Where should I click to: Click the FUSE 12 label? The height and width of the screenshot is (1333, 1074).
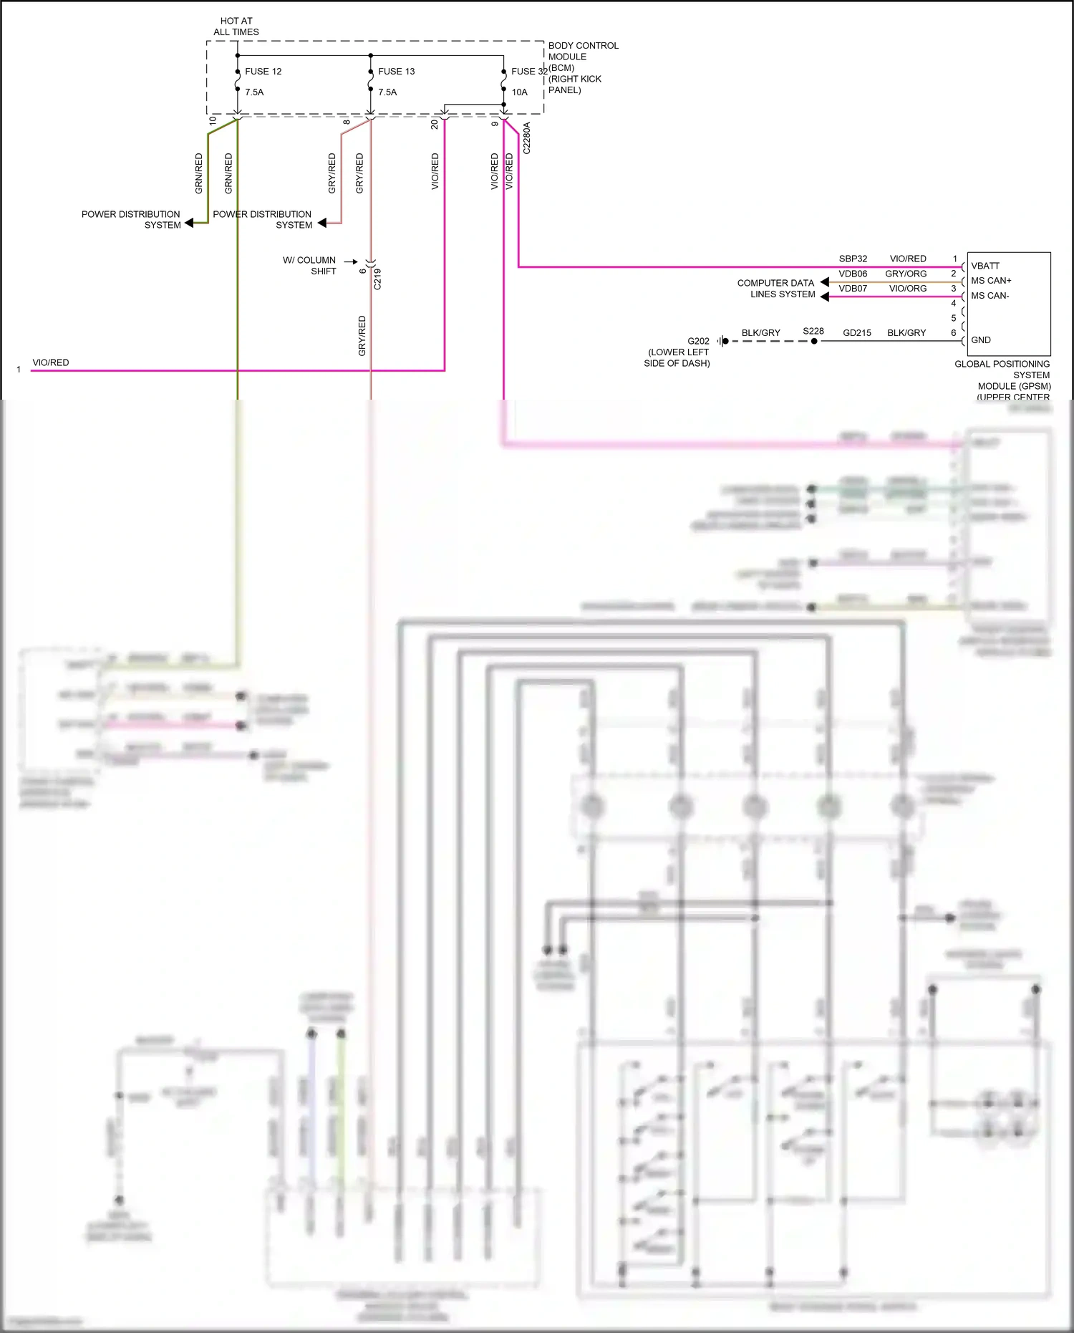click(263, 72)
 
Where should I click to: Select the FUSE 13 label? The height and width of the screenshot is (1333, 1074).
click(396, 72)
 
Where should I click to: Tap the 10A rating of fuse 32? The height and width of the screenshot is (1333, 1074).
click(519, 92)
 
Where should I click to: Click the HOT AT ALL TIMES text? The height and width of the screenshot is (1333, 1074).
click(236, 27)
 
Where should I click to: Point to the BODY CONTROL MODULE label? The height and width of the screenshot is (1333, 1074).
click(583, 51)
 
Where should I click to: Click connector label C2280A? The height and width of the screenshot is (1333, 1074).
click(527, 138)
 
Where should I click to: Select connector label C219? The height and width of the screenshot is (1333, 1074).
click(377, 279)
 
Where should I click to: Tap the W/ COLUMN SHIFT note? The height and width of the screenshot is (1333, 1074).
click(309, 266)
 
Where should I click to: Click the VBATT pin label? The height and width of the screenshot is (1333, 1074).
click(985, 266)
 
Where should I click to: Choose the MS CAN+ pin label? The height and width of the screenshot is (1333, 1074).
click(991, 281)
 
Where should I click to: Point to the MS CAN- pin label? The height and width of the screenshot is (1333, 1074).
click(990, 296)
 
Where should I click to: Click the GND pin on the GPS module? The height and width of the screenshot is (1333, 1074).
click(981, 340)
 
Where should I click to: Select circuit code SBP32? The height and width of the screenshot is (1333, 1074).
click(853, 259)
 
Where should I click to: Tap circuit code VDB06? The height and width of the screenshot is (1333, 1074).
click(853, 274)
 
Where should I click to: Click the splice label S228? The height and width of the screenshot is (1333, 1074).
click(813, 332)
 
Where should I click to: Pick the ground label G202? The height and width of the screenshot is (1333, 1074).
click(698, 342)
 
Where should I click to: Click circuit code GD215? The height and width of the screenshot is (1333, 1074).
click(857, 333)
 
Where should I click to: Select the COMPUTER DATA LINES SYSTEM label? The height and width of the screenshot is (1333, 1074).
click(776, 289)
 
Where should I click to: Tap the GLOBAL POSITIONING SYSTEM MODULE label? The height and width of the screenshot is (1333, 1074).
click(1002, 380)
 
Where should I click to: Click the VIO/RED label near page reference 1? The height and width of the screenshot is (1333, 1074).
click(51, 363)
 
